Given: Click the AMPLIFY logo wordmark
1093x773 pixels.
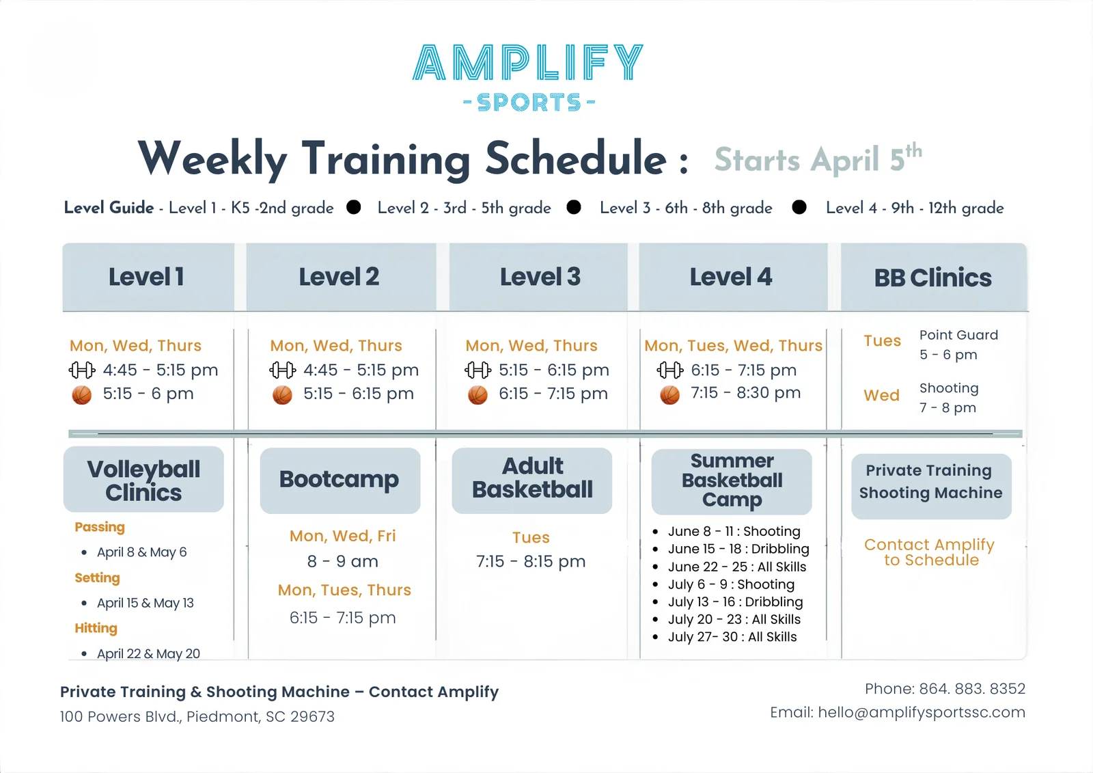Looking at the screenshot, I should click(x=528, y=62).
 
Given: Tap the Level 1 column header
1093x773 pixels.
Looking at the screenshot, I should click(x=146, y=277).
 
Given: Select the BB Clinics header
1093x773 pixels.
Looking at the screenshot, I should click(x=932, y=277).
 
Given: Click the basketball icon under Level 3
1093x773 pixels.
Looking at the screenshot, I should click(x=478, y=395).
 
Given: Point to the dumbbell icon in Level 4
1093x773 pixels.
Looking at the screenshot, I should click(x=669, y=370).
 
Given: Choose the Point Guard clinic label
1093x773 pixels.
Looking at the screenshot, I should click(x=958, y=335).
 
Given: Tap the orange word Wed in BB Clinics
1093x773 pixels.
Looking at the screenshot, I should click(x=881, y=396).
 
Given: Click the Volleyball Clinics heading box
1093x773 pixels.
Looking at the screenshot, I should click(x=143, y=480).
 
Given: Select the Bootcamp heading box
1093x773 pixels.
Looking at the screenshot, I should click(x=340, y=480).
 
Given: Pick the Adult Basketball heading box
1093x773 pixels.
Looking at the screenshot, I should click(x=532, y=478).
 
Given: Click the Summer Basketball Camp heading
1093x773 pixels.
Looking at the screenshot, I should click(x=732, y=480).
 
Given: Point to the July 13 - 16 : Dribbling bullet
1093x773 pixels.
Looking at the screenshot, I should click(x=735, y=602).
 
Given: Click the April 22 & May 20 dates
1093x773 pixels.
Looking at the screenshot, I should click(x=148, y=654).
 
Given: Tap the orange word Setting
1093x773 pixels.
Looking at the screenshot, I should click(x=97, y=578).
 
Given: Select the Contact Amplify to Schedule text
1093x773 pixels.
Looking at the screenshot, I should click(x=930, y=552).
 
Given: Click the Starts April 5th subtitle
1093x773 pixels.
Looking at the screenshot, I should click(x=817, y=159).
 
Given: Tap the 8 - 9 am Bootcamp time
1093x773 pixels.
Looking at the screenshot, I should click(x=342, y=562).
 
